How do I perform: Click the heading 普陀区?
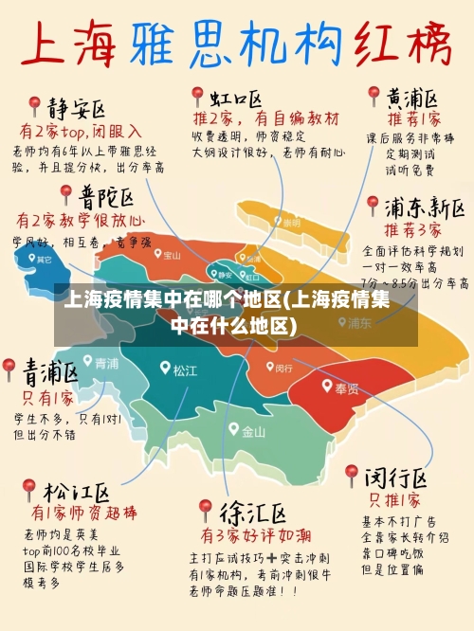click(x=106, y=198)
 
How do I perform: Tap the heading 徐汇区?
click(x=253, y=513)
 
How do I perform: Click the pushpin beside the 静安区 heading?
click(x=33, y=105)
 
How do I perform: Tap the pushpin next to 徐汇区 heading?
click(x=204, y=511)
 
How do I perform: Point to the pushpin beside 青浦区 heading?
click(x=9, y=368)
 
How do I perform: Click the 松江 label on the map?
click(x=185, y=370)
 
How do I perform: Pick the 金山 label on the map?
click(x=253, y=432)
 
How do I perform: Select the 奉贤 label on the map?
click(x=346, y=388)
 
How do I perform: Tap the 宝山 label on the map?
click(x=172, y=255)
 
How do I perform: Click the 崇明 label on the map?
click(x=289, y=222)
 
